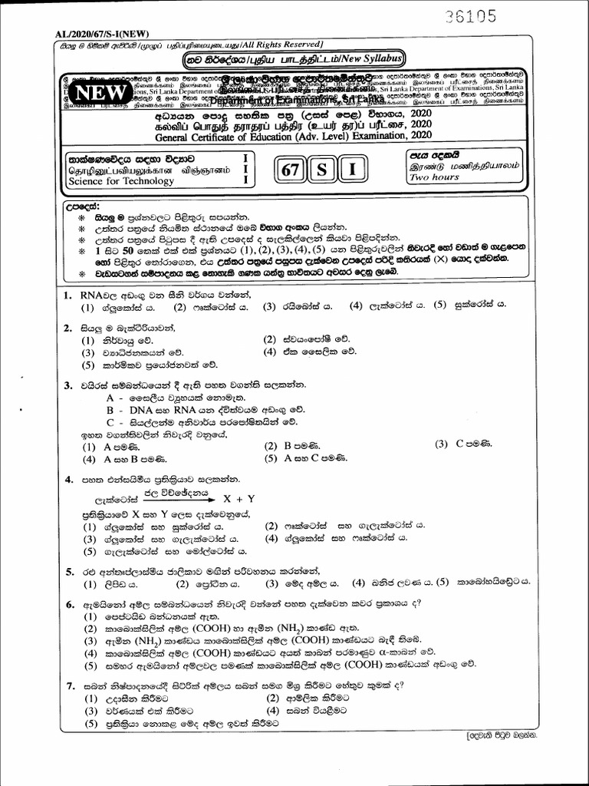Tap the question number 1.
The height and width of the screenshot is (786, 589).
coord(68,295)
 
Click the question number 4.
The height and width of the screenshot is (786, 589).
coord(68,481)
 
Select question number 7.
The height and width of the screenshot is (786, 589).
coord(69,685)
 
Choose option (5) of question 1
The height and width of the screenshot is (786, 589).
coord(441,306)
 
